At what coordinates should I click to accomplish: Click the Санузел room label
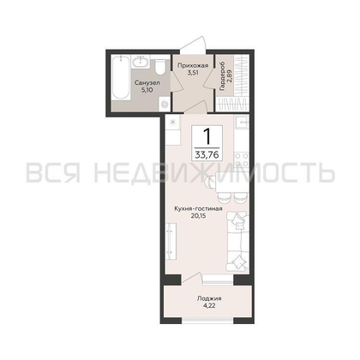click(147, 83)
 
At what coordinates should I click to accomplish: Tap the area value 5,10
click(147, 90)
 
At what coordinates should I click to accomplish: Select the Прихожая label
click(193, 66)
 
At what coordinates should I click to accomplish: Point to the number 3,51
click(193, 73)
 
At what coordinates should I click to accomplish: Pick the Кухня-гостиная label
click(198, 209)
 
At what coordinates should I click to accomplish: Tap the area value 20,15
click(198, 216)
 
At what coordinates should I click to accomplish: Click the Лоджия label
click(209, 299)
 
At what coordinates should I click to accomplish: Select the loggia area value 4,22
click(209, 306)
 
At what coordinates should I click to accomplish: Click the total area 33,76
click(207, 155)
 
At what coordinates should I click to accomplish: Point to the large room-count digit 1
click(207, 136)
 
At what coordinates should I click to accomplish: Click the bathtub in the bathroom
click(121, 78)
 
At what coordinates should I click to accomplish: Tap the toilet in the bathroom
click(161, 67)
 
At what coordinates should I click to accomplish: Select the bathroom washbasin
click(141, 62)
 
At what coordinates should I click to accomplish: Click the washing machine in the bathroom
click(165, 105)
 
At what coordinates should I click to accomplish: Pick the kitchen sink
click(242, 123)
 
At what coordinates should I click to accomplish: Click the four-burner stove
click(242, 159)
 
